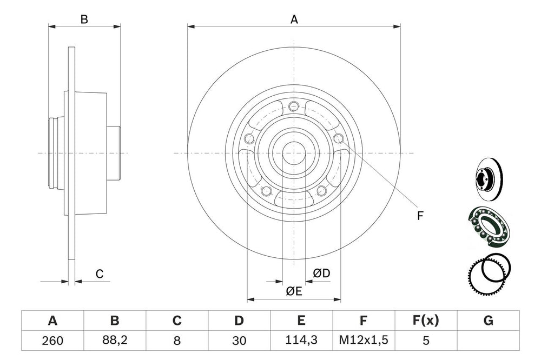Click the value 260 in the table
[x=52, y=341]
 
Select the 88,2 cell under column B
[x=115, y=341]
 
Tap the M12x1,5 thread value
[x=364, y=341]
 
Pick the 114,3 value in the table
[x=301, y=341]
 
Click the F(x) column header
[x=426, y=321]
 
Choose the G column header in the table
[x=488, y=321]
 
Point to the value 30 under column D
[x=239, y=341]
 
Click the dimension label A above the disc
[x=294, y=19]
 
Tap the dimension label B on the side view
[x=84, y=20]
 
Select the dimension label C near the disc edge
[x=100, y=274]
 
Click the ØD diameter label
[x=321, y=274]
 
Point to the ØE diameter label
[x=294, y=291]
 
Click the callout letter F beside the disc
[x=420, y=216]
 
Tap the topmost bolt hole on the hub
[x=294, y=105]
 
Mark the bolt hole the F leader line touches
[x=339, y=139]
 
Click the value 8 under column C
[x=176, y=341]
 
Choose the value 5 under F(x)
[x=426, y=341]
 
